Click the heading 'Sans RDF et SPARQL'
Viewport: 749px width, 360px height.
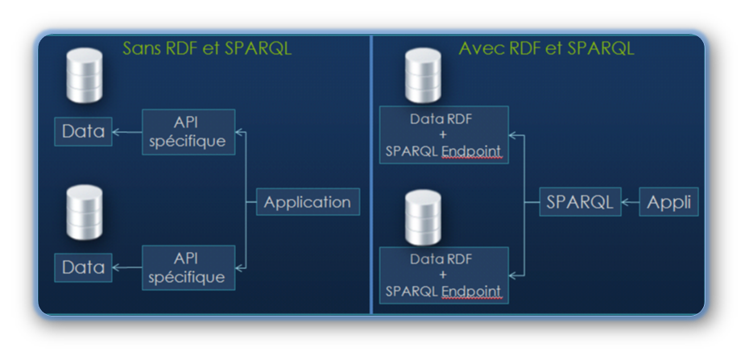click(x=207, y=49)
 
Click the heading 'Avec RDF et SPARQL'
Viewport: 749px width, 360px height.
click(x=546, y=49)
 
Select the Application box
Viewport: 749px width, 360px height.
click(x=308, y=201)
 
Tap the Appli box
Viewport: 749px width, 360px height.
click(x=669, y=202)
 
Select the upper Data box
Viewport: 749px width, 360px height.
click(x=84, y=131)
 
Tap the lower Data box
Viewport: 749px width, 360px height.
click(x=84, y=267)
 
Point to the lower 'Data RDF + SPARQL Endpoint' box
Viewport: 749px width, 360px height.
click(x=445, y=275)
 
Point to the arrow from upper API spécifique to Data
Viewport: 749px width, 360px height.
click(x=128, y=132)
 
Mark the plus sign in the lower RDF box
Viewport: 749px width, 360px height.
click(x=445, y=275)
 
